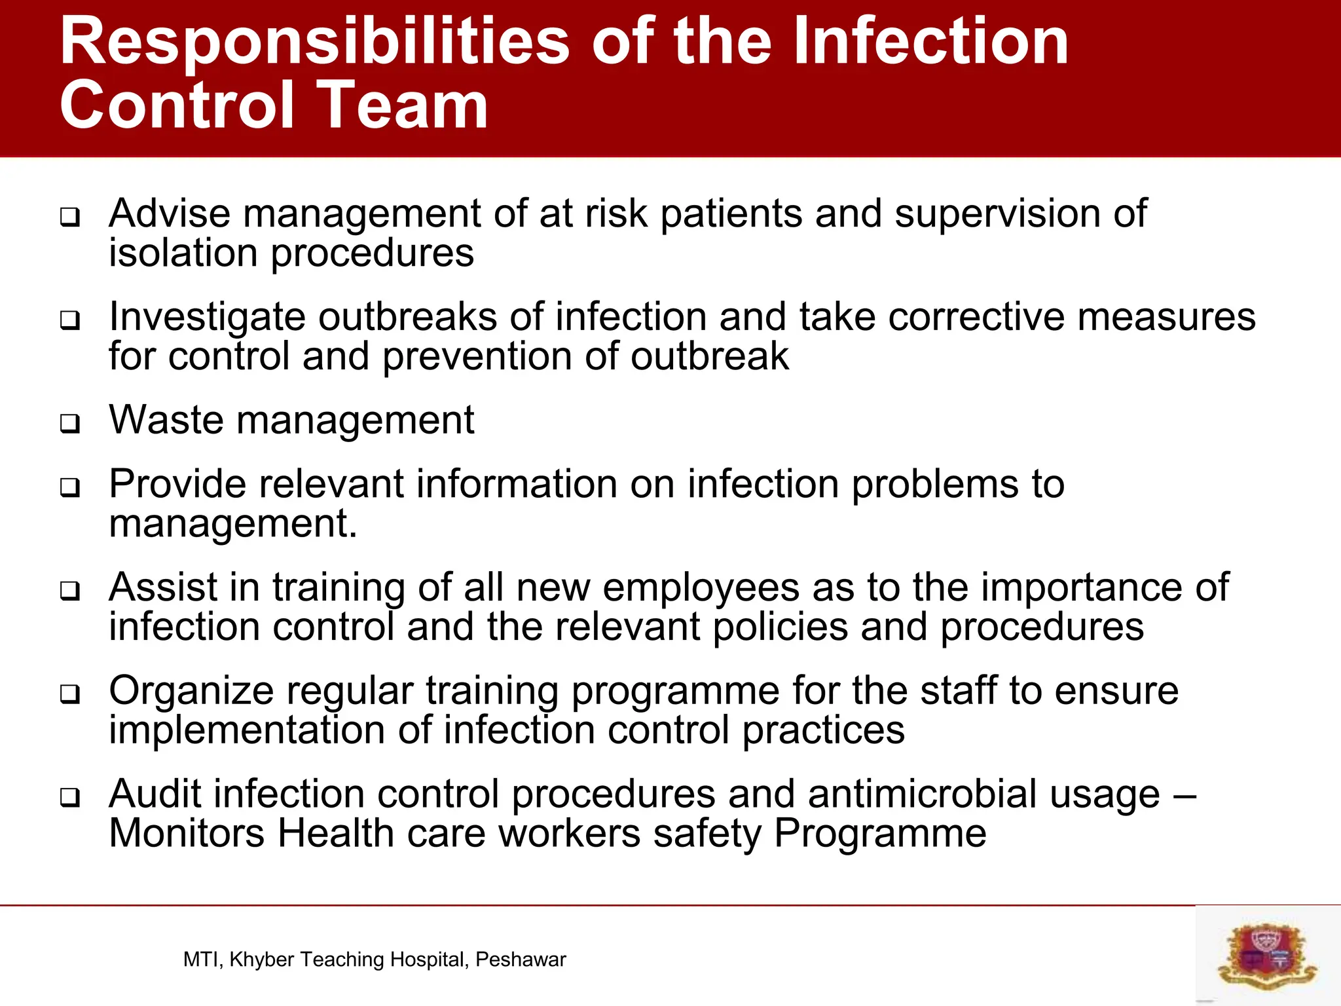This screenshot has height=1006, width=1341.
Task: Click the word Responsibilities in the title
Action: click(314, 43)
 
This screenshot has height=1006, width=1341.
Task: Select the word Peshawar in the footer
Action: click(521, 959)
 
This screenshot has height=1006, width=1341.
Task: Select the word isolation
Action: click(183, 253)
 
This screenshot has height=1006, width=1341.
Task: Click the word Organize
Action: click(190, 692)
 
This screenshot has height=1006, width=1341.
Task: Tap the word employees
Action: click(701, 587)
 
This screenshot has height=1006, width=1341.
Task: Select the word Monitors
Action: click(187, 834)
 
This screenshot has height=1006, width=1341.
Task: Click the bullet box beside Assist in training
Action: click(70, 591)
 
